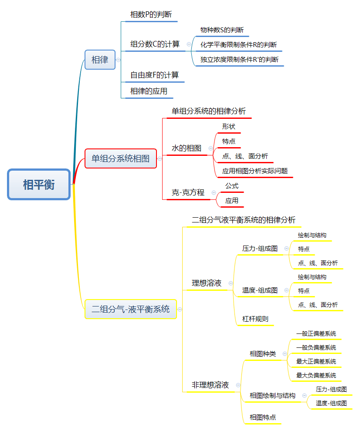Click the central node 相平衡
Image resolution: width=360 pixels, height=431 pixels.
point(39,184)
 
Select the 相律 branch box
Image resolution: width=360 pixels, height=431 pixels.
point(100,60)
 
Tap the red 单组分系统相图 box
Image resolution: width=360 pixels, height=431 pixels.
point(120,158)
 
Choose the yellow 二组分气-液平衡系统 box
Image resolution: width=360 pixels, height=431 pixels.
point(130,309)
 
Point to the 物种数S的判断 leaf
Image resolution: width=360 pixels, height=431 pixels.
point(222,30)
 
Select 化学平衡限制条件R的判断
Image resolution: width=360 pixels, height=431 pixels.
point(238,45)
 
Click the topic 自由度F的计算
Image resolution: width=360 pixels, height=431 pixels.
point(154,75)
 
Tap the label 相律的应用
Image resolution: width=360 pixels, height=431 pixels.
point(149,91)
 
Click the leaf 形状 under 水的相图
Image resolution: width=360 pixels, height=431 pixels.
point(228,127)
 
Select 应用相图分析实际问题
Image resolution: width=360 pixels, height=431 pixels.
point(255,171)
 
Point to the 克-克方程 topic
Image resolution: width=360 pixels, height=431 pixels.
point(188,192)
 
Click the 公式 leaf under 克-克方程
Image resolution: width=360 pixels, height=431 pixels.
point(231,186)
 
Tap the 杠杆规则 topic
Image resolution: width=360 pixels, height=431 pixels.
point(255,319)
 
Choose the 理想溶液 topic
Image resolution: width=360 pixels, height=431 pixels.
point(207,283)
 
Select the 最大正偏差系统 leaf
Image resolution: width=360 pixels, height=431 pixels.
point(316,361)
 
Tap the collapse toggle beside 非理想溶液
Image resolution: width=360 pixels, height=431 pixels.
point(238,385)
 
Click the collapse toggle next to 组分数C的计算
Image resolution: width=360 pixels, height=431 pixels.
point(188,44)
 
